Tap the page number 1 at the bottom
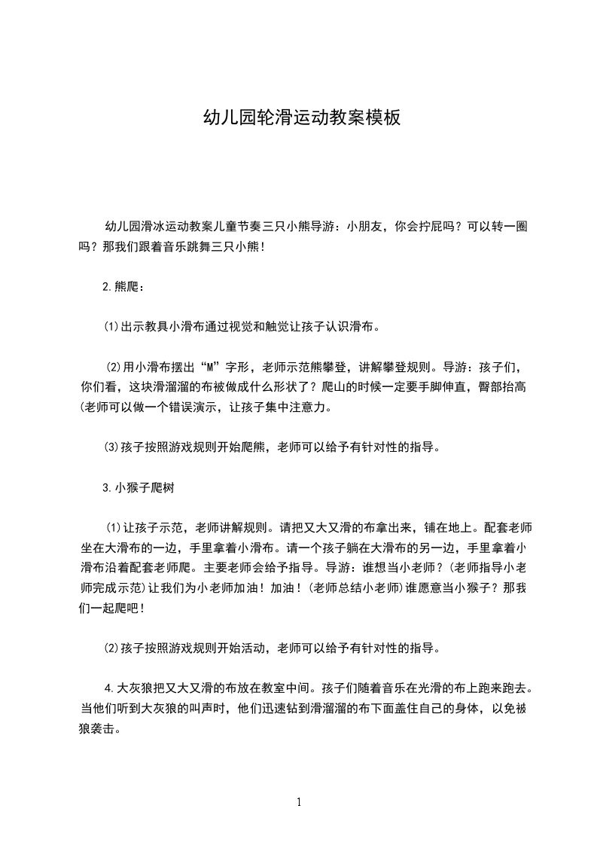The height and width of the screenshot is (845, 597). click(299, 802)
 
